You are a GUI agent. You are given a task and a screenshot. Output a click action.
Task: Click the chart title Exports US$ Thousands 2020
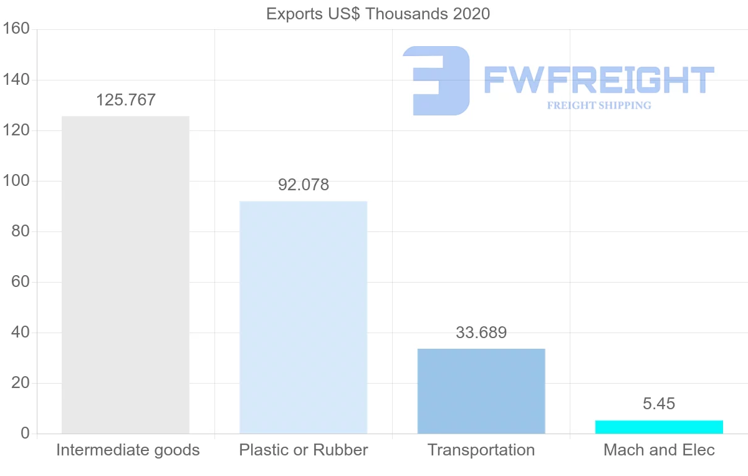[x=378, y=14]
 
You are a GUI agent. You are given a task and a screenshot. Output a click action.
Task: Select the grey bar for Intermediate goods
[x=125, y=274]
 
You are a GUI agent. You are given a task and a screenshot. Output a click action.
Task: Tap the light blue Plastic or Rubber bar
[x=304, y=317]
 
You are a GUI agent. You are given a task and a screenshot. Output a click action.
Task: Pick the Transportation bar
[x=481, y=391]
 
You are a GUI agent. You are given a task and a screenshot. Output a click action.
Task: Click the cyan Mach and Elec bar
[x=659, y=427]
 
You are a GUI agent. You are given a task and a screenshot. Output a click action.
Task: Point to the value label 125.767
[x=126, y=100]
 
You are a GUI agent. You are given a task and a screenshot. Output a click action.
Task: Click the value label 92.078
[x=304, y=185]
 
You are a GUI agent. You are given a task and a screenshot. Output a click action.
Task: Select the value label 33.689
[x=481, y=333]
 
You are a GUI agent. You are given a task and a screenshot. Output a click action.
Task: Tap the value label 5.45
[x=659, y=404]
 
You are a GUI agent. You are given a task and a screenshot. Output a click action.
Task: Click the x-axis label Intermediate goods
[x=128, y=450]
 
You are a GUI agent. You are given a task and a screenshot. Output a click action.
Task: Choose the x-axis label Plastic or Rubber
[x=304, y=450]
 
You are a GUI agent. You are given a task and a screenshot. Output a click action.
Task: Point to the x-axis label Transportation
[x=481, y=450]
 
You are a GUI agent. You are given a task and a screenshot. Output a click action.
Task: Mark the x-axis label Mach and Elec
[x=659, y=450]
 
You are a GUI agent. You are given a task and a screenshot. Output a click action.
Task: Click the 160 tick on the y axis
[x=17, y=29]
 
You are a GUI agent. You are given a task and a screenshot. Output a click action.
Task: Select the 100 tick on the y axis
[x=17, y=181]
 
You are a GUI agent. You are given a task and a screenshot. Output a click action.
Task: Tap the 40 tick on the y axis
[x=21, y=333]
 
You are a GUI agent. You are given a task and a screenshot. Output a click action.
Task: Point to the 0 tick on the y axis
[x=25, y=434]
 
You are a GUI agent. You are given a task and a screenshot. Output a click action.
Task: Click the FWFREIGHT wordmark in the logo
[x=598, y=80]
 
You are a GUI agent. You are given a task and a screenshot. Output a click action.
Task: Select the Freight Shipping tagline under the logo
[x=599, y=105]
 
